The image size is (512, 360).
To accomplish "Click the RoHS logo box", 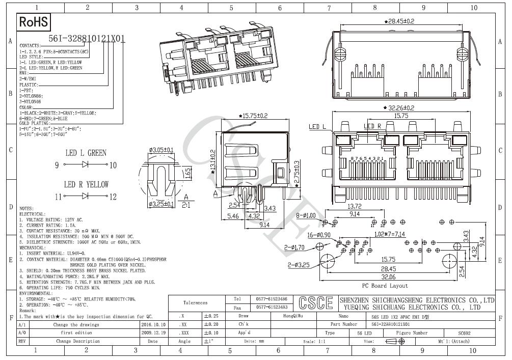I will click(x=34, y=22).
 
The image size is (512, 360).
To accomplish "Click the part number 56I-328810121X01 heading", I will click(x=86, y=39).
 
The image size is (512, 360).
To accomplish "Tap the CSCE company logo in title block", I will click(x=315, y=302).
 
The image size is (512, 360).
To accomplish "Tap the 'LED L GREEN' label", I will click(x=86, y=153).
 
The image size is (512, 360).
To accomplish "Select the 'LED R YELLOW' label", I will click(x=86, y=184).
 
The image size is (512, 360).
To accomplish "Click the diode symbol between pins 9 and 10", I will click(x=85, y=165).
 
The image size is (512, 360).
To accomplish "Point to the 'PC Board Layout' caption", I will click(x=385, y=286).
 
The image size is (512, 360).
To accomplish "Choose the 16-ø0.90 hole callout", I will click(x=318, y=235).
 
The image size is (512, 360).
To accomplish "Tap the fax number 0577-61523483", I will click(x=271, y=307).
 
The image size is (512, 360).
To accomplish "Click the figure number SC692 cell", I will click(x=464, y=333).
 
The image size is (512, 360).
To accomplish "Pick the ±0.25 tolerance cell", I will click(x=211, y=316).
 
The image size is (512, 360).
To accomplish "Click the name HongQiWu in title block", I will click(x=293, y=316).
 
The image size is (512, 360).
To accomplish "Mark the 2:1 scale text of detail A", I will click(x=186, y=205).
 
